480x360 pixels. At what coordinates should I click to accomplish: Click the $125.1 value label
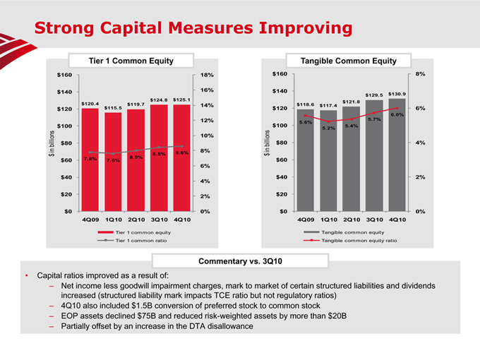pyautogui.click(x=182, y=100)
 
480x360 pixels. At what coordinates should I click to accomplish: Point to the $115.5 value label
pyautogui.click(x=113, y=107)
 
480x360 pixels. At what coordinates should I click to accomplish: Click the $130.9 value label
pyautogui.click(x=397, y=94)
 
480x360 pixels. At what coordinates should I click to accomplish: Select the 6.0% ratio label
pyautogui.click(x=397, y=114)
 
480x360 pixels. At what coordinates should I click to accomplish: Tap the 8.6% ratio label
pyautogui.click(x=181, y=152)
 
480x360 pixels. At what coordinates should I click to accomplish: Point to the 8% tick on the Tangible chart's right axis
pyautogui.click(x=420, y=74)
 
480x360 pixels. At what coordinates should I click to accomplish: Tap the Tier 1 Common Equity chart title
pyautogui.click(x=131, y=61)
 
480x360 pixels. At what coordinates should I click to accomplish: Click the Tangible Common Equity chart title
pyautogui.click(x=348, y=61)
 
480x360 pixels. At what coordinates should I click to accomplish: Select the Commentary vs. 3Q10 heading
pyautogui.click(x=240, y=262)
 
